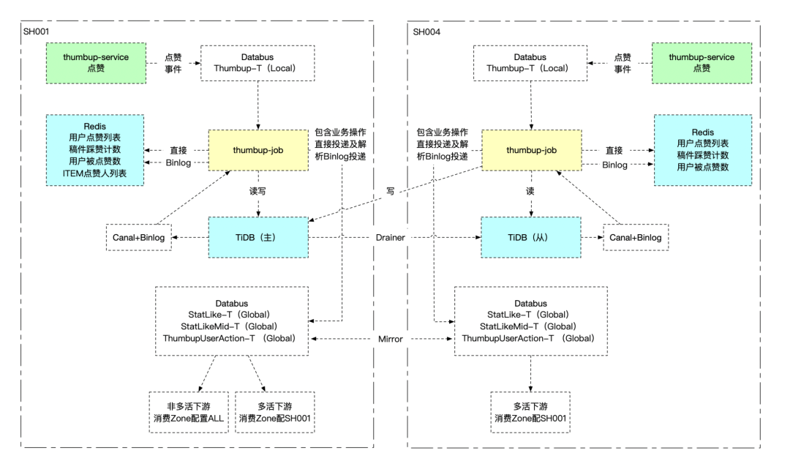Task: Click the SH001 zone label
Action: (37, 31)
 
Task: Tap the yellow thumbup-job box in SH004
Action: (531, 151)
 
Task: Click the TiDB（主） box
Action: (257, 237)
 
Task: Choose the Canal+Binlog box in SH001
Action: (139, 238)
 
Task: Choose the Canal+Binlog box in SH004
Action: (636, 238)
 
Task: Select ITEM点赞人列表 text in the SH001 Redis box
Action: (95, 173)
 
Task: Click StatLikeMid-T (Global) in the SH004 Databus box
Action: (531, 326)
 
